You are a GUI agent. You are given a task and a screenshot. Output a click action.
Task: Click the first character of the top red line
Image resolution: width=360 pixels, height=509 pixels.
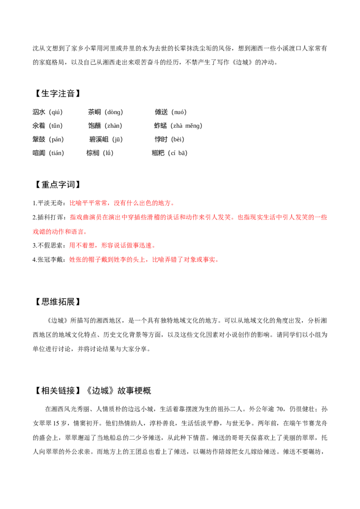(71, 204)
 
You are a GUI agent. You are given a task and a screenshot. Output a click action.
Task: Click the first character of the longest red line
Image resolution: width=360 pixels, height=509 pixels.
(71, 218)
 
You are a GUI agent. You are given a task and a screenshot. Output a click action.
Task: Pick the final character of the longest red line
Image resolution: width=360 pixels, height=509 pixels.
(325, 218)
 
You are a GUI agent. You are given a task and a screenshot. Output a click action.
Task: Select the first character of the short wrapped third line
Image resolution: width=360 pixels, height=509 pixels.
(35, 232)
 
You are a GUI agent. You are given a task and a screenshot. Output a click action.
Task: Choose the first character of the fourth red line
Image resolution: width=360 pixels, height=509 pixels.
(71, 246)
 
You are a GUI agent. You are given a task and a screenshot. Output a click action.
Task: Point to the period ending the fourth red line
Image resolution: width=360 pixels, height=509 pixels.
(154, 247)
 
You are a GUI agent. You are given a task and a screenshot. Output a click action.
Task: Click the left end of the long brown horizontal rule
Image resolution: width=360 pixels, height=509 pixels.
(156, 250)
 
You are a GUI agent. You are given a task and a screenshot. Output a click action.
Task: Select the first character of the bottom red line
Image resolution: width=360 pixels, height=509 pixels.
(71, 260)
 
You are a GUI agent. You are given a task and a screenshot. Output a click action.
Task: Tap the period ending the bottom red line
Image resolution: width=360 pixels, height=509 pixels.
(218, 261)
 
